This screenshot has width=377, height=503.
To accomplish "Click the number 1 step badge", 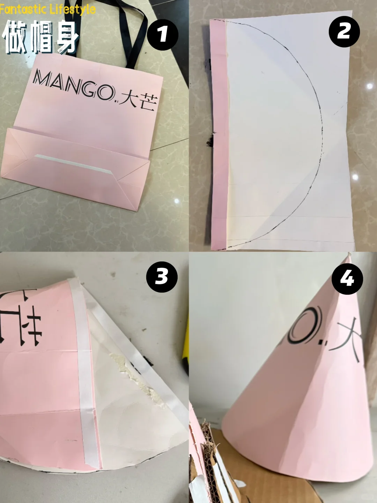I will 162,35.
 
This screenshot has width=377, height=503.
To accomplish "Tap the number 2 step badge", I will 344,32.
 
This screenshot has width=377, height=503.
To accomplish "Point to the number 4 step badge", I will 347,279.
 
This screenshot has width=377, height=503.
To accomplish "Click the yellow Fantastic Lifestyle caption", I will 48,9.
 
